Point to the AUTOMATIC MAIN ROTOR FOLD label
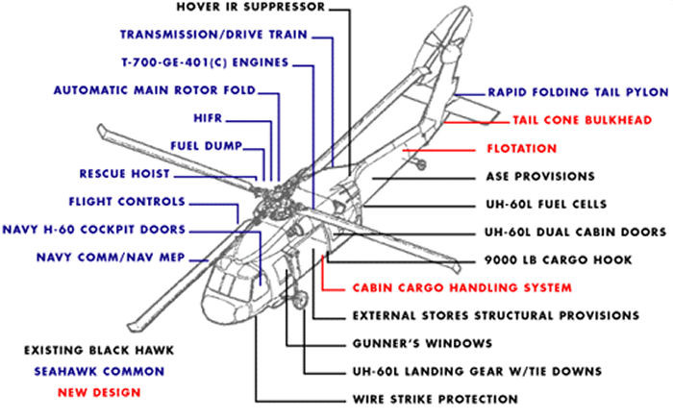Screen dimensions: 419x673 [x=155, y=91]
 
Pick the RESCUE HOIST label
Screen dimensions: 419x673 [x=126, y=174]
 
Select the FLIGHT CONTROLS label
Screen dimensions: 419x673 [x=127, y=202]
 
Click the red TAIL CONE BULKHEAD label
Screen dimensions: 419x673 [x=582, y=121]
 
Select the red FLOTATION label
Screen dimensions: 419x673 [x=521, y=149]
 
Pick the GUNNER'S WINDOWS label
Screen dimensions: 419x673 [x=409, y=343]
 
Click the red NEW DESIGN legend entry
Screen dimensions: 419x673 [x=98, y=392]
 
